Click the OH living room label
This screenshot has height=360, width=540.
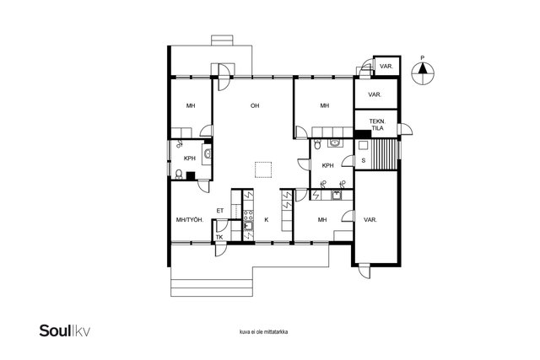tap(255, 105)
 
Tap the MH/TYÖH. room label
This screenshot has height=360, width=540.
tap(190, 219)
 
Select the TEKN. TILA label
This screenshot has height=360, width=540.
tap(377, 125)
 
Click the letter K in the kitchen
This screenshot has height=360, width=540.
tap(267, 219)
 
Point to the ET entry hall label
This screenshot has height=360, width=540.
tap(220, 211)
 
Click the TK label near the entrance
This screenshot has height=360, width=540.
tap(219, 237)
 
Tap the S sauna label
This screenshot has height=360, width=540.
tap(364, 160)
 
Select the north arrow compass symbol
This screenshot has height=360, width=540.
tap(423, 73)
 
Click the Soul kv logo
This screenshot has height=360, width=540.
tap(65, 330)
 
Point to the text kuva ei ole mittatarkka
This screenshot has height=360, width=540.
tap(264, 332)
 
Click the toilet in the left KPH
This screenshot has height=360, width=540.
tap(179, 175)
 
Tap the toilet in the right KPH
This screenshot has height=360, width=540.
tap(317, 144)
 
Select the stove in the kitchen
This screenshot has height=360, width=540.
tap(248, 215)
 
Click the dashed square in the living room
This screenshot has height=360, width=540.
tap(263, 169)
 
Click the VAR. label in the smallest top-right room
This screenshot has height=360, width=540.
tap(386, 67)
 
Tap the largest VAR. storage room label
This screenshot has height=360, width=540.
tap(370, 219)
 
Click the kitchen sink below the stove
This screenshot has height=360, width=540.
tap(248, 226)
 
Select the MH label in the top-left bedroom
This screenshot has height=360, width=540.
tap(191, 105)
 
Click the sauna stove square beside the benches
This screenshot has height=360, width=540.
tap(363, 145)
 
